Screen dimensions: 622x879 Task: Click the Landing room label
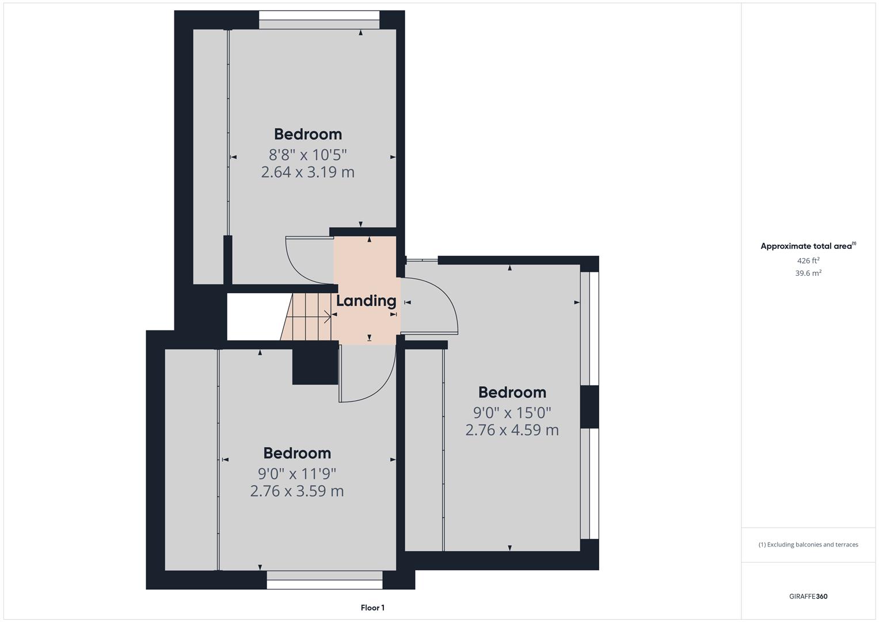pyautogui.click(x=366, y=301)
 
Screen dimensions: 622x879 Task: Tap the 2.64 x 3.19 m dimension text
pyautogui.click(x=307, y=172)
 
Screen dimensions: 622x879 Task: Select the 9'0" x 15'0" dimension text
pyautogui.click(x=512, y=413)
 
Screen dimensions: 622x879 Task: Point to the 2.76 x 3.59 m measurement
pyautogui.click(x=297, y=491)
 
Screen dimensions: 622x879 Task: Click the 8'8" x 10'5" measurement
pyautogui.click(x=307, y=155)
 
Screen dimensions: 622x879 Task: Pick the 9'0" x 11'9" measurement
pyautogui.click(x=297, y=474)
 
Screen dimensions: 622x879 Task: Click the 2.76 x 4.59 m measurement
pyautogui.click(x=512, y=430)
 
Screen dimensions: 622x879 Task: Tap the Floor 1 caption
pyautogui.click(x=372, y=608)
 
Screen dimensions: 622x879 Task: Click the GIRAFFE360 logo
pyautogui.click(x=808, y=597)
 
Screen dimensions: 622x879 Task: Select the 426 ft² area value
pyautogui.click(x=808, y=261)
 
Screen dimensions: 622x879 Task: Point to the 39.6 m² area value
pyautogui.click(x=808, y=274)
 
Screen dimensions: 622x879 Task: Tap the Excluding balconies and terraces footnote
pyautogui.click(x=808, y=544)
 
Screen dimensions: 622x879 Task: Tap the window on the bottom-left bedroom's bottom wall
pyautogui.click(x=325, y=579)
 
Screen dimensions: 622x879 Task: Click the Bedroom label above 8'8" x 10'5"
pyautogui.click(x=307, y=134)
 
